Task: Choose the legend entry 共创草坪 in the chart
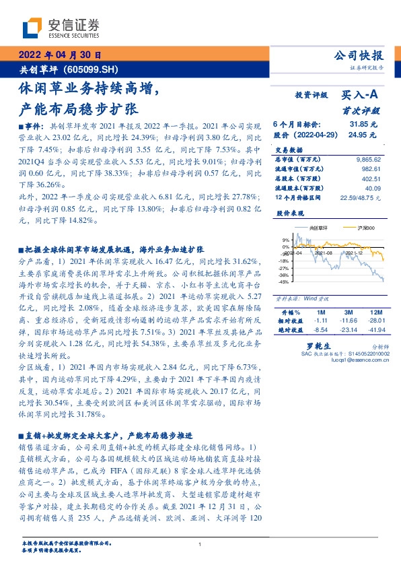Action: [x=312, y=229]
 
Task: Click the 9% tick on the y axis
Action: [x=287, y=240]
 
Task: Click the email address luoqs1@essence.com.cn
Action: [x=336, y=360]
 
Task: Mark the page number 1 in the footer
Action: [x=200, y=545]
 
